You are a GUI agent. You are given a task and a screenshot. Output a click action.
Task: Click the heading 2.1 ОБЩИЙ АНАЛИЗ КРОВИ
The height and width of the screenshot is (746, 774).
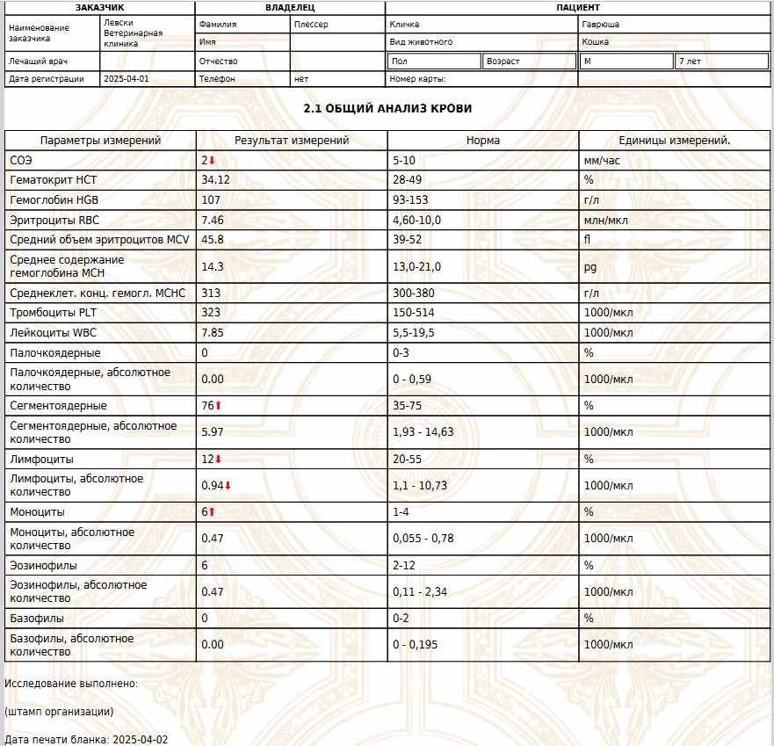pyautogui.click(x=387, y=108)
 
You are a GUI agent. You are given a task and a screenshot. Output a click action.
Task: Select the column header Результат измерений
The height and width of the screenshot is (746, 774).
pyautogui.click(x=292, y=141)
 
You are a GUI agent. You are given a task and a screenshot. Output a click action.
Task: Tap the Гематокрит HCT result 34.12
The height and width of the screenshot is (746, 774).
pyautogui.click(x=215, y=180)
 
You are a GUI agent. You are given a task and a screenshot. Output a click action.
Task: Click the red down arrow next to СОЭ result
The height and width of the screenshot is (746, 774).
pyautogui.click(x=212, y=161)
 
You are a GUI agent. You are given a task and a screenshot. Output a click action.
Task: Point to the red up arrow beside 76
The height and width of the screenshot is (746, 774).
pyautogui.click(x=219, y=406)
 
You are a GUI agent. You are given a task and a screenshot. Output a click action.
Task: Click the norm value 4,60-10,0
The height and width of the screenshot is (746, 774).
pyautogui.click(x=416, y=220)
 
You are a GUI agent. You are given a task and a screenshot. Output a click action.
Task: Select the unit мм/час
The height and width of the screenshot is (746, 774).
pyautogui.click(x=602, y=161)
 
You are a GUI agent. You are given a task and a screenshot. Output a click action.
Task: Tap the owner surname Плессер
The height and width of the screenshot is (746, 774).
pyautogui.click(x=312, y=25)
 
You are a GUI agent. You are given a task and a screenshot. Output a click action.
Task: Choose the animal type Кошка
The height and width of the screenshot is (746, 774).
pyautogui.click(x=595, y=41)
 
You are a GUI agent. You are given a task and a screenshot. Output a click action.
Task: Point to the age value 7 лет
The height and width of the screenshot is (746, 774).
pyautogui.click(x=690, y=62)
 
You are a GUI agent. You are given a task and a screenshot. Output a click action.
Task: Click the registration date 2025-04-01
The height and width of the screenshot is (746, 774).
pyautogui.click(x=127, y=79)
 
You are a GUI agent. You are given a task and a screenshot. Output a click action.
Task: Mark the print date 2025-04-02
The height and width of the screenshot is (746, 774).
pyautogui.click(x=140, y=740)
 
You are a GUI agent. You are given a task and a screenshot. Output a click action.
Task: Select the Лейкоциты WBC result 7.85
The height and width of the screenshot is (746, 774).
pyautogui.click(x=213, y=333)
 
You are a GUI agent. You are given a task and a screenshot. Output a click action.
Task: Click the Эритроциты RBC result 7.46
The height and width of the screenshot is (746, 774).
pyautogui.click(x=213, y=220)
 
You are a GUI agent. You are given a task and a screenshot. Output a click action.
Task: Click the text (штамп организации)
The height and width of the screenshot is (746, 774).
pyautogui.click(x=59, y=711)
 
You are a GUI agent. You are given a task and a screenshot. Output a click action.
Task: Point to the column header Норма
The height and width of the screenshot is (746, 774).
pyautogui.click(x=483, y=141)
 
